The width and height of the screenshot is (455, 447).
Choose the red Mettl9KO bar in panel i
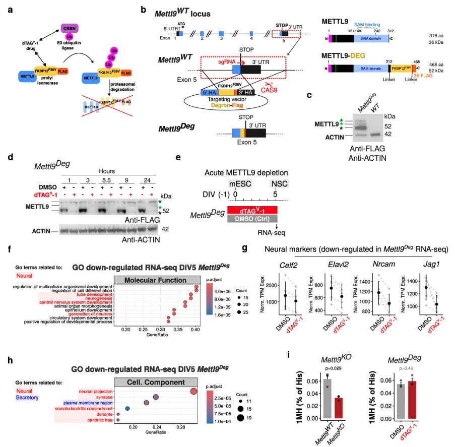pyautogui.click(x=341, y=407)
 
